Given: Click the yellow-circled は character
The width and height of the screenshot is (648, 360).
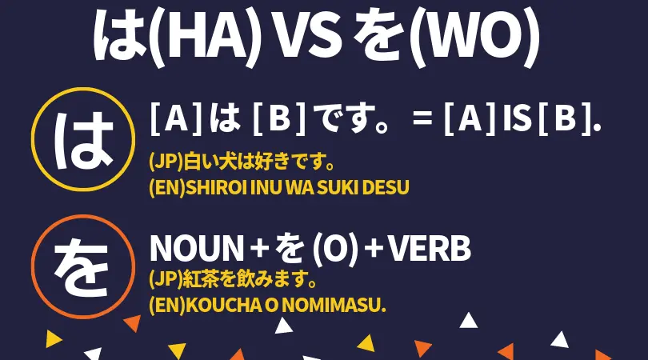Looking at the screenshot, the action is pyautogui.click(x=84, y=141).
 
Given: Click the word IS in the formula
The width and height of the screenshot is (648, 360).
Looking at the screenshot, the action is pyautogui.click(x=517, y=118).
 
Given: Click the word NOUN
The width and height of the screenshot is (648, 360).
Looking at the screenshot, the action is pyautogui.click(x=197, y=248).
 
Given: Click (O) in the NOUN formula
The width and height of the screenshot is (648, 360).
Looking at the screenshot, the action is pyautogui.click(x=334, y=250).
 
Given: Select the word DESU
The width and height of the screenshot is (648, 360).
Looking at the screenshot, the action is pyautogui.click(x=385, y=187).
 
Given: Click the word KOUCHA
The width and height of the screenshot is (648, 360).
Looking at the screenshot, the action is pyautogui.click(x=223, y=306).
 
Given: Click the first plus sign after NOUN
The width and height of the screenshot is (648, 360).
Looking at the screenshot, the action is pyautogui.click(x=260, y=249).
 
